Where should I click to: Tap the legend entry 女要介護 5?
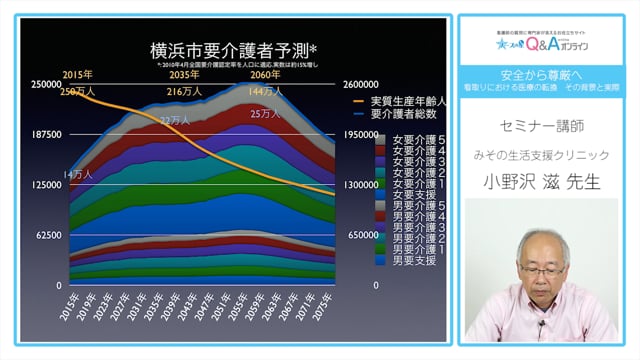click(x=419, y=141)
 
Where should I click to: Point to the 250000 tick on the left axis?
click(x=44, y=85)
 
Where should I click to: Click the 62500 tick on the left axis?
click(x=47, y=235)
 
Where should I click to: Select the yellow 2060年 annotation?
click(x=265, y=75)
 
